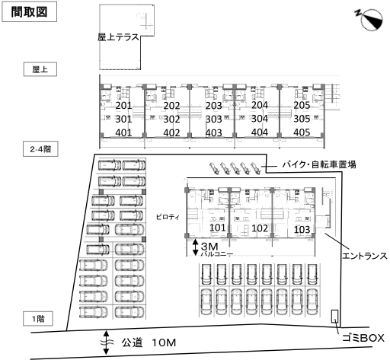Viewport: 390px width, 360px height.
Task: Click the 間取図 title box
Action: tap(29, 11)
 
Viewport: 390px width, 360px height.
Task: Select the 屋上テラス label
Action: tap(118, 37)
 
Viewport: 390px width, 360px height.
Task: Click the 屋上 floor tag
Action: tap(40, 69)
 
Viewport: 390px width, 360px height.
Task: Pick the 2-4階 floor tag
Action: tap(40, 149)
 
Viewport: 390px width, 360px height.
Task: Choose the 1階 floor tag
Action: tap(38, 319)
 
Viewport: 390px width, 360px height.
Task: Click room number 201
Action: tap(123, 106)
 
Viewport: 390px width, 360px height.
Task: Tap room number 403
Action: tap(214, 133)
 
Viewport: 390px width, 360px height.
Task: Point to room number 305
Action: tap(302, 119)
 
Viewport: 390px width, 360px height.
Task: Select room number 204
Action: tap(260, 105)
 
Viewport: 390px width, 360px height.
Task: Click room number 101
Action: tap(218, 228)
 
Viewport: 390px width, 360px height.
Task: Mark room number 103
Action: tap(302, 230)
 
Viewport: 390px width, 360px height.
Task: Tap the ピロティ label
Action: tap(168, 217)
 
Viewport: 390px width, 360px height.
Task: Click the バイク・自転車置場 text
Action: tap(319, 164)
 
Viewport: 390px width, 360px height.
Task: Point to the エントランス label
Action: tap(365, 256)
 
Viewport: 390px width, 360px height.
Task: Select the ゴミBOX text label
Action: tap(363, 338)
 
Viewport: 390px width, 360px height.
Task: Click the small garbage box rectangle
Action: tap(334, 316)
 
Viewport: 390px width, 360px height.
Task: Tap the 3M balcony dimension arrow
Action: tap(195, 247)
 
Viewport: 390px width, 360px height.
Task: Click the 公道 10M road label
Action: tap(149, 342)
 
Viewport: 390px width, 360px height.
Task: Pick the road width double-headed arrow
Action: tap(106, 342)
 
